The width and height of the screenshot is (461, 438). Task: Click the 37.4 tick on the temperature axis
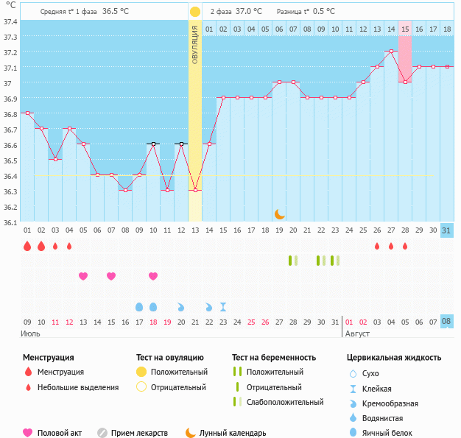(x=11, y=21)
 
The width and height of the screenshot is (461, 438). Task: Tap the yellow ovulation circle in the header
(x=194, y=12)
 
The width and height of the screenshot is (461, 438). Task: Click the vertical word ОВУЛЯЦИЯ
(x=194, y=44)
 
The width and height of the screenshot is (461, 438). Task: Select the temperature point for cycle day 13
(x=195, y=191)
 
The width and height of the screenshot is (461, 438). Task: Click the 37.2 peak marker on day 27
(x=391, y=52)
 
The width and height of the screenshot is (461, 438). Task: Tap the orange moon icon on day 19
(x=279, y=213)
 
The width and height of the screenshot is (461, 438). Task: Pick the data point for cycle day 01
(x=27, y=113)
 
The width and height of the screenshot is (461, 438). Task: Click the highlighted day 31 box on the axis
(x=447, y=230)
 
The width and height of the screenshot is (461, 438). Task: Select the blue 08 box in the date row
(x=447, y=322)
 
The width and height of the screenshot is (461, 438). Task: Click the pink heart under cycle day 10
(x=153, y=276)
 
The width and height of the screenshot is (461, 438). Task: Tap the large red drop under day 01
(x=27, y=246)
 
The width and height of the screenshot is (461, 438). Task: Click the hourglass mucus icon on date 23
(x=223, y=306)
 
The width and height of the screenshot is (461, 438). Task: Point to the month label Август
(x=357, y=333)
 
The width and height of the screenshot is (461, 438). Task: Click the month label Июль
(x=31, y=333)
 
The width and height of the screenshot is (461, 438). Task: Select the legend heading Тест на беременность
(x=273, y=358)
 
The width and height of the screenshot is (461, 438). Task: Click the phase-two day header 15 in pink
(x=405, y=29)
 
